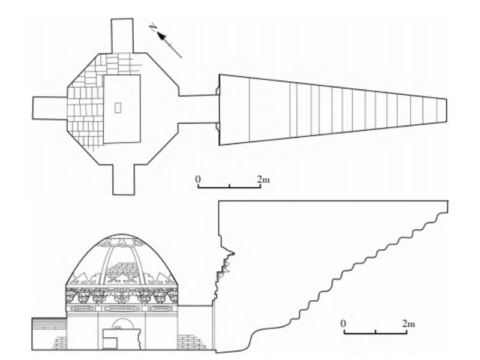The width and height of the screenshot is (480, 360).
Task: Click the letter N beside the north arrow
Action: (x=154, y=26)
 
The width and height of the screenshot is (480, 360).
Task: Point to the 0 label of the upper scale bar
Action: (x=199, y=179)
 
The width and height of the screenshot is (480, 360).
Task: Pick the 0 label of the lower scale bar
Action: (x=344, y=324)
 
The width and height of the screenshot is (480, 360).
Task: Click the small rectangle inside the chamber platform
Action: (x=118, y=107)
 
